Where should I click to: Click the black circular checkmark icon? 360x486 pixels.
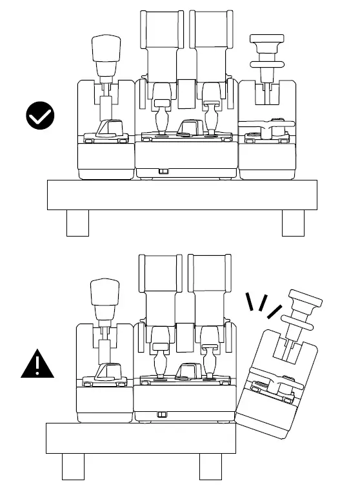[x=40, y=116]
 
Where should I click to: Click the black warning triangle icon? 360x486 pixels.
[x=37, y=365]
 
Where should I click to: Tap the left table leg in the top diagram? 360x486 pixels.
[x=77, y=223]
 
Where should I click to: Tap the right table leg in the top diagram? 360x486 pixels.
[x=293, y=223]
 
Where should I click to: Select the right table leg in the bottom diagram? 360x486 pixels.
[x=210, y=467]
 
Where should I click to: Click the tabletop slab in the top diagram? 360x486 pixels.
[x=182, y=195]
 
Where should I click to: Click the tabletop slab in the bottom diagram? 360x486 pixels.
[x=142, y=438]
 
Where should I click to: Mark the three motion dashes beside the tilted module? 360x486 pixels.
[x=265, y=306]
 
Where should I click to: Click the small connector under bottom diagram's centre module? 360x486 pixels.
[x=161, y=414]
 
